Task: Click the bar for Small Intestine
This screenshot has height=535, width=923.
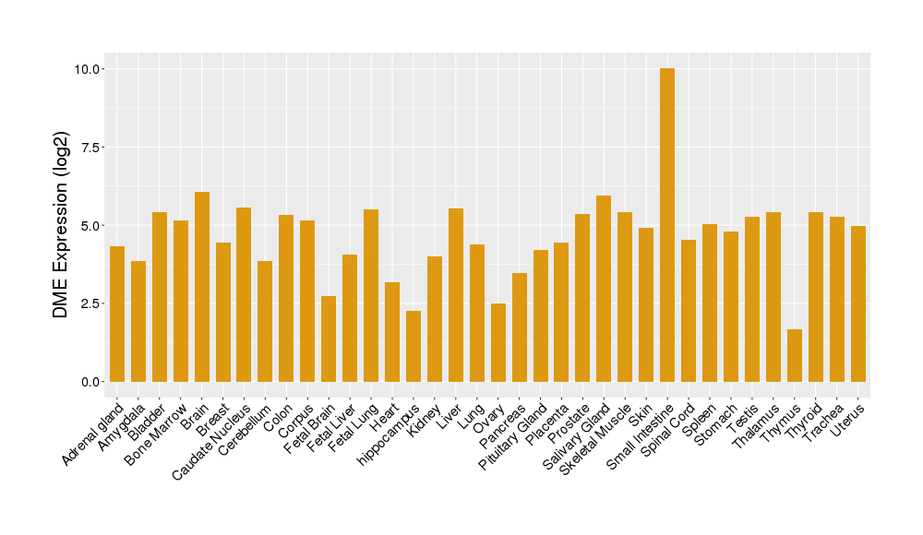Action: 667,225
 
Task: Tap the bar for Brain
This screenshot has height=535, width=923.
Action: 202,287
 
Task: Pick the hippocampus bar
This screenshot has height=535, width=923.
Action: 414,346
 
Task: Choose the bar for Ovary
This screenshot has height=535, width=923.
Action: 498,342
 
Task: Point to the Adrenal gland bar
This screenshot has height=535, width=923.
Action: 117,314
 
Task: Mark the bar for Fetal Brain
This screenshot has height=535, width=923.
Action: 329,339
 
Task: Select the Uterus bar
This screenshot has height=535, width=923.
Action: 858,303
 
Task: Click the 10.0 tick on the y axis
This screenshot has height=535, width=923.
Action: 90,69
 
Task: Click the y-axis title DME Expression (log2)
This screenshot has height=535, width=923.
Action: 61,225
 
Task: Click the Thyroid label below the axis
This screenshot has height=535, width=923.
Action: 806,423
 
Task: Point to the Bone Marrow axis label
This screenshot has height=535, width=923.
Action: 157,434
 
